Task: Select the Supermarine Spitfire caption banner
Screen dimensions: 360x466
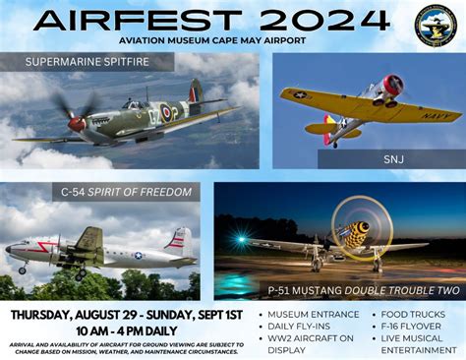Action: point(89,63)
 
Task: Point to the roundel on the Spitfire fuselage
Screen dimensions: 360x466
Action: point(166,113)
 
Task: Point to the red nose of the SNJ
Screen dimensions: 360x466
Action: point(393,85)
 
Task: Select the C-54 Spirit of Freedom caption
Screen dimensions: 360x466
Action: point(112,193)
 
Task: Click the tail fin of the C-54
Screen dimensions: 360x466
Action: point(179,242)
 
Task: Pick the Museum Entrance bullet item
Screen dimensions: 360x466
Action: point(314,316)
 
